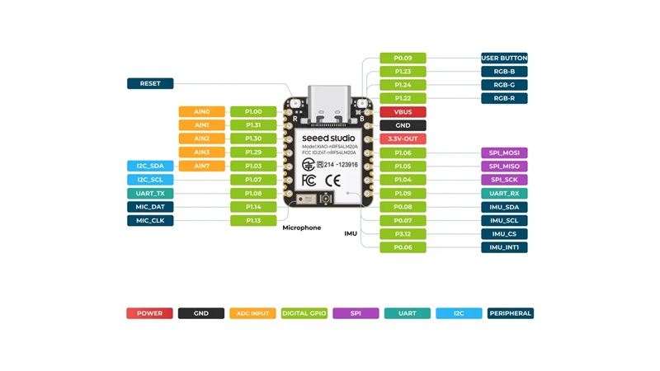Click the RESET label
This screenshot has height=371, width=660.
150,83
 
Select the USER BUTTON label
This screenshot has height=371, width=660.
504,58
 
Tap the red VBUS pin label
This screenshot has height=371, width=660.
403,112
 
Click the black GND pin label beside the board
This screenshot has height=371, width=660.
403,125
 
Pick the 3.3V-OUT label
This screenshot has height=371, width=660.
403,139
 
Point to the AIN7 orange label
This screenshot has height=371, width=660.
201,166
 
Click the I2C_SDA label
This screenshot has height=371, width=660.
150,166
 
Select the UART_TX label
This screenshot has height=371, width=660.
150,194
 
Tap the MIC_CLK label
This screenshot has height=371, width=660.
150,220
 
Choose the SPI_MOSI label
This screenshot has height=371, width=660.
504,153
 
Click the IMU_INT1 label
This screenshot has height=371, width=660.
504,247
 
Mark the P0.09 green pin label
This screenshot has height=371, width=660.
403,58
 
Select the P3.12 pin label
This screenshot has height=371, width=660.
403,234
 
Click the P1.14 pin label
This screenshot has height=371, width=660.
253,207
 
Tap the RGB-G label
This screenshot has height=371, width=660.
504,85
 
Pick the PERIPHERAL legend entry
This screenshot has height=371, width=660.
511,313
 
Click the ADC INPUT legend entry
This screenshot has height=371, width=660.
252,313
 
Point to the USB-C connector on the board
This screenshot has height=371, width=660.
329,106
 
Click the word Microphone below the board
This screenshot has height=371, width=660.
302,228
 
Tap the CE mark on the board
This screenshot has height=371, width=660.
332,181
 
